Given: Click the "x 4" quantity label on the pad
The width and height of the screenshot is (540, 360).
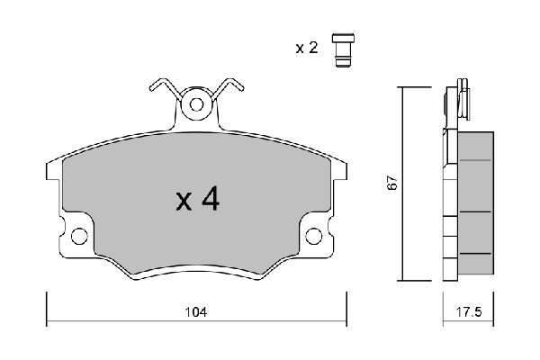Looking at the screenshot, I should pos(197,199).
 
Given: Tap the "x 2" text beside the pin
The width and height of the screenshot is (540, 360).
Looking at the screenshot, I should pos(308,48).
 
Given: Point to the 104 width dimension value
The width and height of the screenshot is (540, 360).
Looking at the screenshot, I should pos(197,312).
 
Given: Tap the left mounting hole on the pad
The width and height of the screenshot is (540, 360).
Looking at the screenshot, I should pos(79,237).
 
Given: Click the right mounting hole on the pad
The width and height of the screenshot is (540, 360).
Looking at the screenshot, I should pos(314,237).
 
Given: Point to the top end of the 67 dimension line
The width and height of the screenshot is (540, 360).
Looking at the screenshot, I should pos(401,87).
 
